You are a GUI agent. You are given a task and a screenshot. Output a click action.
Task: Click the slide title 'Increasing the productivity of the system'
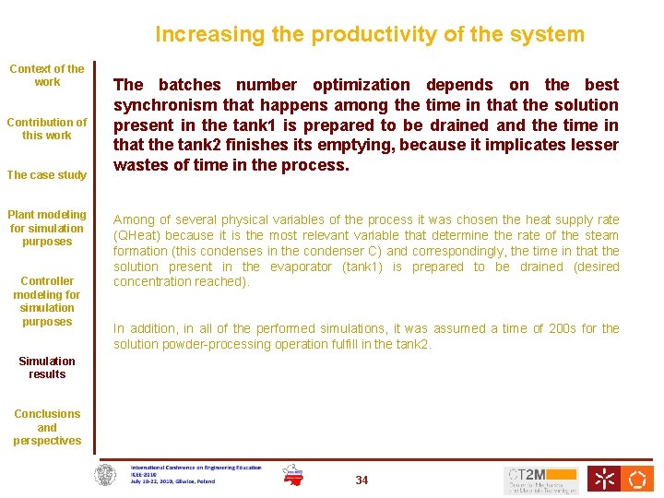click(x=369, y=35)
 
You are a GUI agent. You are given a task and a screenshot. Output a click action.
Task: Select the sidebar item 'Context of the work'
click(x=47, y=75)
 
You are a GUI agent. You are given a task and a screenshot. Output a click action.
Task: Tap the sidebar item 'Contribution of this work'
click(x=47, y=128)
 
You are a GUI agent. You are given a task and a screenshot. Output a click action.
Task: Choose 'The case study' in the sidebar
click(x=47, y=175)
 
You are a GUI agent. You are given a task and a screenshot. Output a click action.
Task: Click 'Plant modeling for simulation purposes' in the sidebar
click(x=47, y=228)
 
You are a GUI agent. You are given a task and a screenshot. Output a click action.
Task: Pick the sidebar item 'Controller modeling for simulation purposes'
click(x=47, y=302)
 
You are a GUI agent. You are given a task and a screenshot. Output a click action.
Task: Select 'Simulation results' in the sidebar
click(x=47, y=367)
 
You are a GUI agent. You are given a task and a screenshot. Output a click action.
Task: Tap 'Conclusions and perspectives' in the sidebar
click(x=47, y=427)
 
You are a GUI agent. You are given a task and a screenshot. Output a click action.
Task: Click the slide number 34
click(x=362, y=480)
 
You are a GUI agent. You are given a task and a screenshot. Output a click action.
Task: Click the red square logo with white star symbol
click(x=604, y=479)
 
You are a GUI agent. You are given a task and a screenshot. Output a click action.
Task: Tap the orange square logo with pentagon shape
click(x=637, y=479)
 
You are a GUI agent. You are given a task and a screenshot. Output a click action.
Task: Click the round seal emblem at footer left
click(x=107, y=476)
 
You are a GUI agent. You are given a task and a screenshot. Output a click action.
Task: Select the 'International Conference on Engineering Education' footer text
click(x=196, y=468)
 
